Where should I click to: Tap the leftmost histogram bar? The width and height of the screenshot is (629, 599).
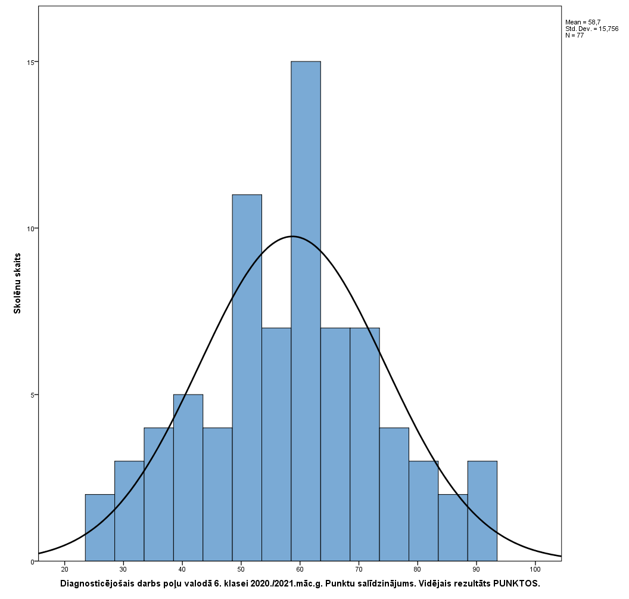click(99, 527)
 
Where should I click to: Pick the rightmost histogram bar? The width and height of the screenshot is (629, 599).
click(482, 511)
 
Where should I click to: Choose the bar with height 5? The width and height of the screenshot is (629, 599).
click(188, 477)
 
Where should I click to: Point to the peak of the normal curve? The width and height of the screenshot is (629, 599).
click(292, 237)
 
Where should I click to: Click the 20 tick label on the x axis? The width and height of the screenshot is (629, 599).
click(64, 570)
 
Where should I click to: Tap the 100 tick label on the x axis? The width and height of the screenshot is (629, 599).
click(535, 570)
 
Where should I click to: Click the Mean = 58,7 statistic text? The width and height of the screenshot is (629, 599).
click(583, 22)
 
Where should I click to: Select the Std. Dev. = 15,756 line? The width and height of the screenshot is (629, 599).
click(591, 29)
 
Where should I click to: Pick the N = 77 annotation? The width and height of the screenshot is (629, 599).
click(574, 35)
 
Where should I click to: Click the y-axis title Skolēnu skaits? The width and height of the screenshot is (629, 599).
click(18, 282)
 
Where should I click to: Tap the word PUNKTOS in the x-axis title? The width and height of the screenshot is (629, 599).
click(519, 584)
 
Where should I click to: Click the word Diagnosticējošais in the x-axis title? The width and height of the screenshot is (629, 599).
click(96, 584)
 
